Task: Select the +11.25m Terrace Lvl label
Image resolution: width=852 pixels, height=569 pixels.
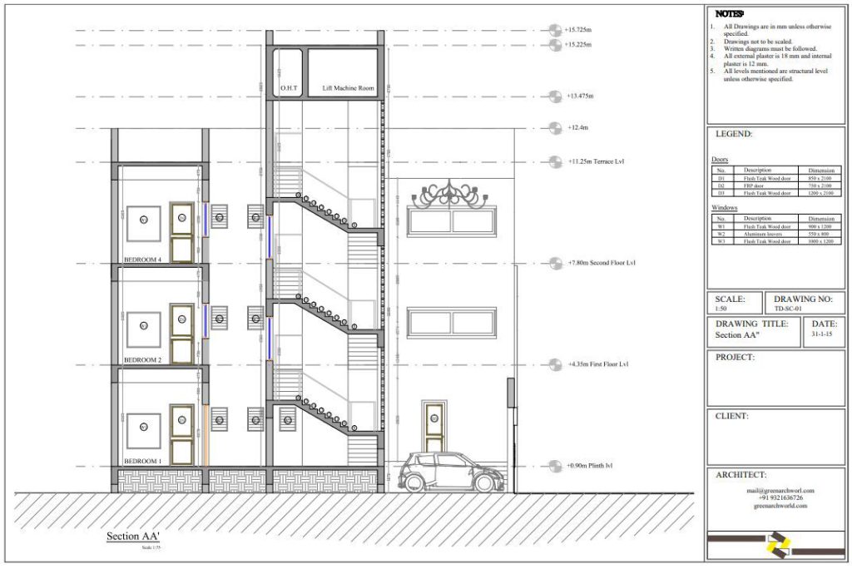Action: point(596,161)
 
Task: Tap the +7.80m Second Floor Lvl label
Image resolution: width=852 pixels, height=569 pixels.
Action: point(601,263)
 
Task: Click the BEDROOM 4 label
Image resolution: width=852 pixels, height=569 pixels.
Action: point(142,258)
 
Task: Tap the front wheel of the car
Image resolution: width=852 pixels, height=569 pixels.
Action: point(483,482)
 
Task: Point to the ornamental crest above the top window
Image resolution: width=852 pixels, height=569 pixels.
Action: point(453,194)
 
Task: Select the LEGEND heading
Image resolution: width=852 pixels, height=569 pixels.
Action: point(734,134)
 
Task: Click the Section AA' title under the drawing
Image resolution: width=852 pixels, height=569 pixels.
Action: point(130,537)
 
